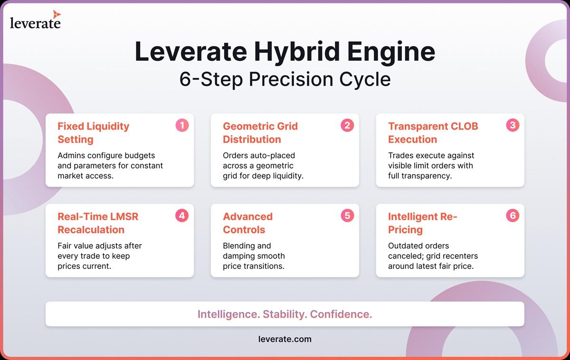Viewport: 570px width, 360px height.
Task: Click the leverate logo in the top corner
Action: [x=35, y=19]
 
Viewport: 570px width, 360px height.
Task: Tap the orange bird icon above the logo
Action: [x=57, y=14]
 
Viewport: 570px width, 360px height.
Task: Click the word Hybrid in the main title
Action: [x=297, y=52]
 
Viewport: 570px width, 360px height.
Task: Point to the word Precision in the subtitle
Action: [x=291, y=79]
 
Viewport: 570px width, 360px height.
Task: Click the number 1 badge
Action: [x=182, y=125]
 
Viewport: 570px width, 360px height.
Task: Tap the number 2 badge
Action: [x=347, y=125]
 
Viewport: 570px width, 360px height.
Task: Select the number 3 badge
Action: [x=513, y=125]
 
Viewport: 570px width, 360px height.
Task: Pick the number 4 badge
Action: [x=182, y=216]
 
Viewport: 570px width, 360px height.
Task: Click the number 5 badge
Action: [x=347, y=216]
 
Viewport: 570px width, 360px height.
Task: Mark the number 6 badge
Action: [x=513, y=216]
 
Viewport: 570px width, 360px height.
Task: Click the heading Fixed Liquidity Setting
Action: [x=94, y=133]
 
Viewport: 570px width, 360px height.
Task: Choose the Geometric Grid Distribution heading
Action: [x=260, y=133]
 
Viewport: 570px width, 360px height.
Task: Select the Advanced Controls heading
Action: [x=247, y=223]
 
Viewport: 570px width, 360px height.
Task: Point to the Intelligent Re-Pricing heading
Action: [x=422, y=223]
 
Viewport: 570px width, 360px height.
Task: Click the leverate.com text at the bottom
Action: [x=285, y=339]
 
